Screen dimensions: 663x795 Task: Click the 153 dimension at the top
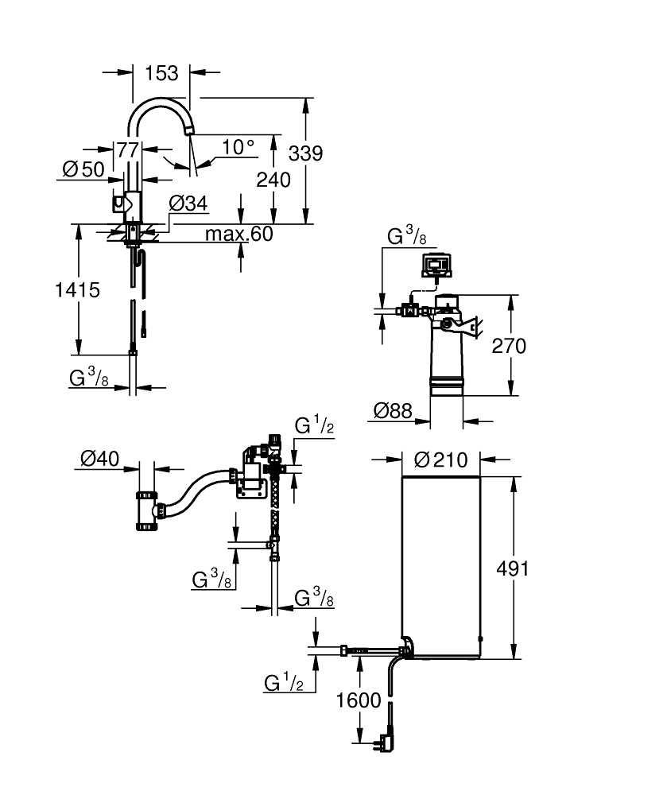click(x=161, y=73)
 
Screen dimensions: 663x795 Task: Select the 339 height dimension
click(x=305, y=153)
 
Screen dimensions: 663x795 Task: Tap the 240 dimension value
click(x=273, y=180)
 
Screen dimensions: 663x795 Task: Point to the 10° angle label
click(x=238, y=147)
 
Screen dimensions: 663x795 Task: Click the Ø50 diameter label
click(x=83, y=169)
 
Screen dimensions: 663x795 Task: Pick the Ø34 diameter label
click(x=188, y=204)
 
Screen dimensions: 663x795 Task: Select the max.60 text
click(x=238, y=234)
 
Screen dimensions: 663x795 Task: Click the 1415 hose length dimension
click(x=78, y=290)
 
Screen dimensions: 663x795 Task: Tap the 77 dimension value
click(x=128, y=150)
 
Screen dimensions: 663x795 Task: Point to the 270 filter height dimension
click(x=509, y=347)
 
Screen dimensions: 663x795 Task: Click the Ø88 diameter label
click(x=393, y=411)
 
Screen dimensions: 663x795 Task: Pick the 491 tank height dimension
click(x=513, y=569)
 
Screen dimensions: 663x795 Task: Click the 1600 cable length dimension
click(x=359, y=700)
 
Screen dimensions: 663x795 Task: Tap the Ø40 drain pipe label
click(x=100, y=459)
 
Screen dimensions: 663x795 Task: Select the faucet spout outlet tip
click(x=189, y=131)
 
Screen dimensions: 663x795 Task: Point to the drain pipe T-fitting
click(x=148, y=510)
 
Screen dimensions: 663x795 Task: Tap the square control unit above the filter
click(x=436, y=266)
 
